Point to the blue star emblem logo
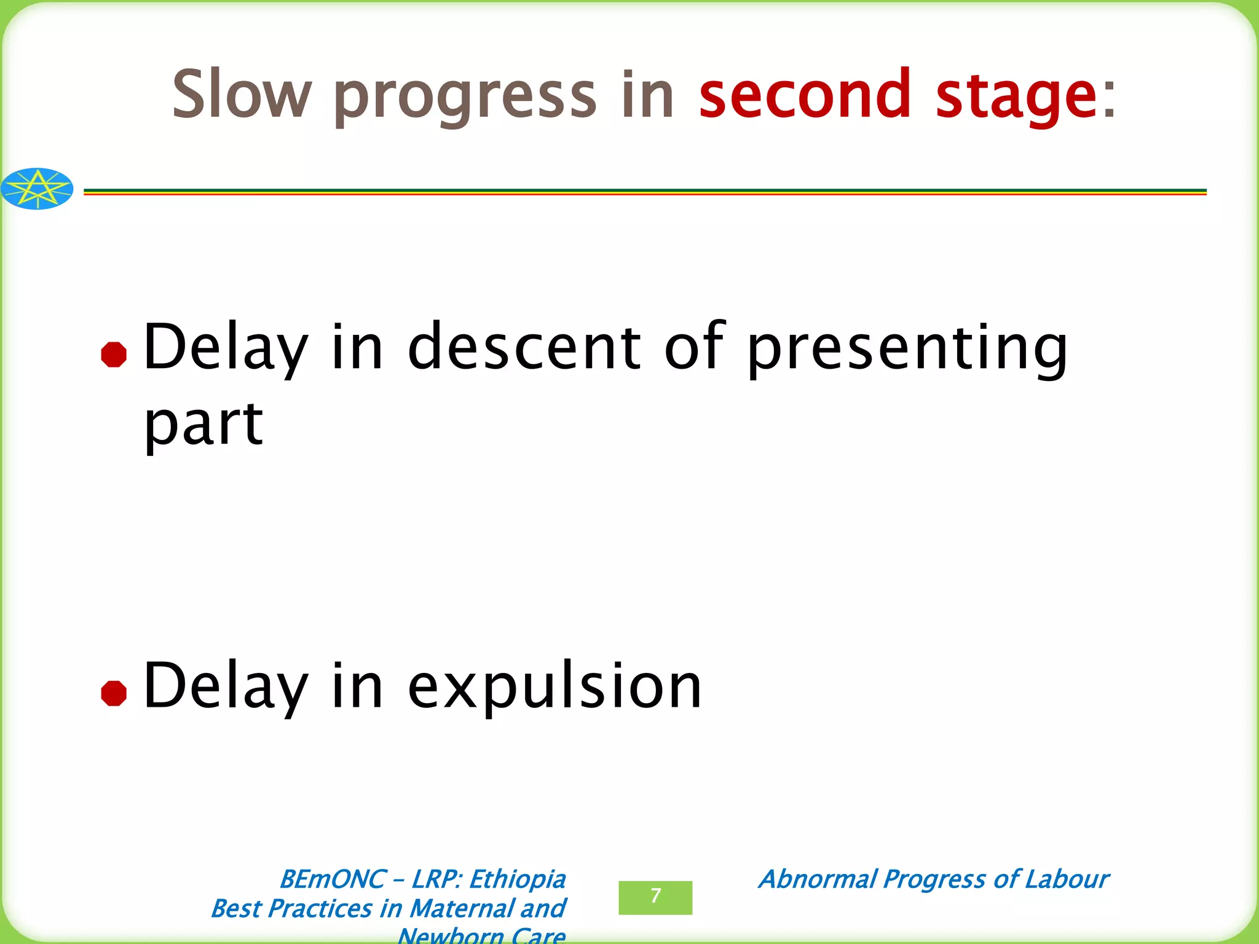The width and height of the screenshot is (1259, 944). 37,189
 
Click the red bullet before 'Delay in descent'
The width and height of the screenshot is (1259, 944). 114,355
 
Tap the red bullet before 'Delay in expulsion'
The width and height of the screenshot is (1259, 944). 114,694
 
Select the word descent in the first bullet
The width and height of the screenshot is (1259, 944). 524,347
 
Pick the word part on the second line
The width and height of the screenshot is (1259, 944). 203,426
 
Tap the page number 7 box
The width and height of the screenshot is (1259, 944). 655,897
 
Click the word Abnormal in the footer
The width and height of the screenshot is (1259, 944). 817,879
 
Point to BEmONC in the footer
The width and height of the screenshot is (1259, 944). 332,879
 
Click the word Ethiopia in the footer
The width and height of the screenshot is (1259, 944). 517,879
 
